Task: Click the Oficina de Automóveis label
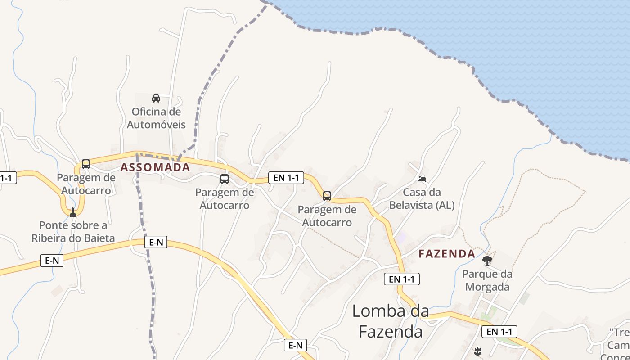pyautogui.click(x=156, y=118)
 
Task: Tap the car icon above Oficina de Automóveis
pyautogui.click(x=156, y=99)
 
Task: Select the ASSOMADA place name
pyautogui.click(x=155, y=167)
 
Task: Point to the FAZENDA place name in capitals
pyautogui.click(x=447, y=254)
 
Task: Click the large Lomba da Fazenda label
pyautogui.click(x=391, y=321)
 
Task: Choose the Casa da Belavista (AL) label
pyautogui.click(x=422, y=199)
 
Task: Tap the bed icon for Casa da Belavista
pyautogui.click(x=422, y=179)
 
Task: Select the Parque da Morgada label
pyautogui.click(x=487, y=280)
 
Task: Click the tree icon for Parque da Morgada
pyautogui.click(x=487, y=260)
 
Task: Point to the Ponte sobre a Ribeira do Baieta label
pyautogui.click(x=73, y=231)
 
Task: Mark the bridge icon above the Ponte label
pyautogui.click(x=73, y=212)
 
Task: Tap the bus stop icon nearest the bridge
pyautogui.click(x=85, y=164)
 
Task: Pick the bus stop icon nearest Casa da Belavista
pyautogui.click(x=327, y=196)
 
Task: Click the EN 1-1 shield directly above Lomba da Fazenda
pyautogui.click(x=402, y=279)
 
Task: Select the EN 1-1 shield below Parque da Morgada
pyautogui.click(x=499, y=332)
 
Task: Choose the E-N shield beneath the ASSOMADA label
pyautogui.click(x=156, y=243)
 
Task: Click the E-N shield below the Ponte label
pyautogui.click(x=52, y=260)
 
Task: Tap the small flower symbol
pyautogui.click(x=477, y=351)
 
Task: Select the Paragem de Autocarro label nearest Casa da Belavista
pyautogui.click(x=327, y=216)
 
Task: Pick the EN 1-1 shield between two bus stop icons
pyautogui.click(x=286, y=178)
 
